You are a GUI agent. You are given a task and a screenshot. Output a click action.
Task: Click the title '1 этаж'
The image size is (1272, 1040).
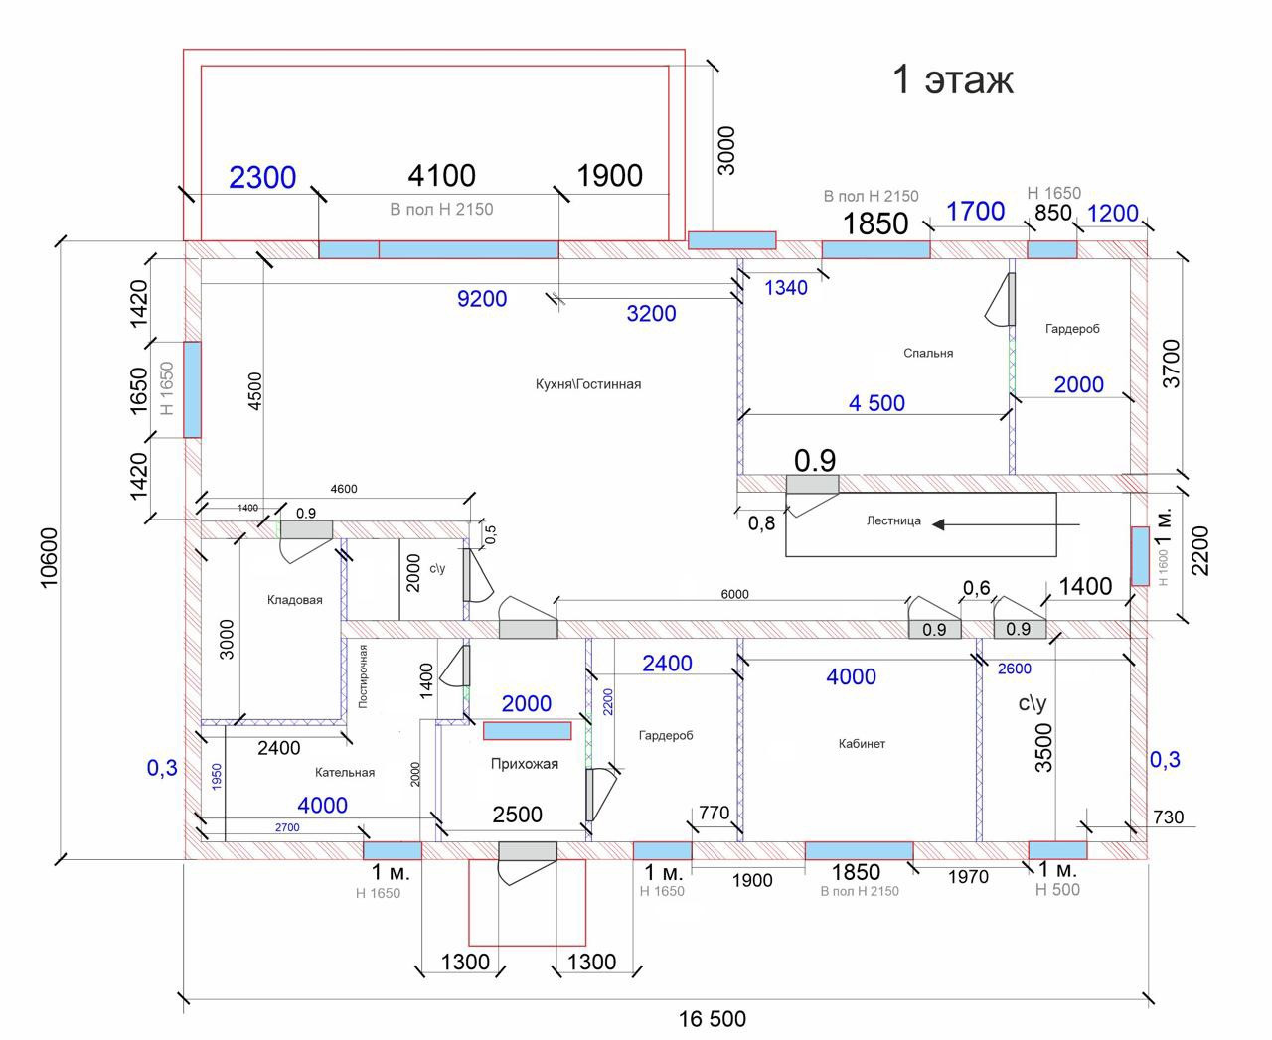coord(953,79)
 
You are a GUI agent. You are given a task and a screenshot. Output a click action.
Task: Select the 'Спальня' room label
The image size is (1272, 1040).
coord(928,353)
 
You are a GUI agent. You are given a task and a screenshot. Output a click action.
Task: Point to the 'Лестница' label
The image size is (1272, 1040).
coord(893,520)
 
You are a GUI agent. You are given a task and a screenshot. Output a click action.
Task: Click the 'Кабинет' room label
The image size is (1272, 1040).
coord(862,743)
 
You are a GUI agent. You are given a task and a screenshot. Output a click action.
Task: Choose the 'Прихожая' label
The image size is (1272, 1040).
coord(525,764)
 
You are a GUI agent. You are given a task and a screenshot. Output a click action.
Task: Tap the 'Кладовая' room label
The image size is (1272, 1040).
coord(295,600)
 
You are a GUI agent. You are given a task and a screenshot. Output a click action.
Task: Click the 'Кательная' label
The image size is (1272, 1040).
coord(345,772)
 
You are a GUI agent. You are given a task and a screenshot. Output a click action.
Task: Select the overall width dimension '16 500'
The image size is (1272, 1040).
coord(713,1019)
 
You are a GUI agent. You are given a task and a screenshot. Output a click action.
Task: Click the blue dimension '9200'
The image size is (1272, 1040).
coord(482,299)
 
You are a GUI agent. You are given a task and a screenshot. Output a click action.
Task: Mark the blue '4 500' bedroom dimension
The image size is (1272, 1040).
coord(876,403)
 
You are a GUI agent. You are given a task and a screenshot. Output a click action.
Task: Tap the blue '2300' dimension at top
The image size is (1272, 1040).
coord(262,178)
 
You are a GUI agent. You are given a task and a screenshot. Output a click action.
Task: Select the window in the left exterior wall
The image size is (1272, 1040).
coord(192,389)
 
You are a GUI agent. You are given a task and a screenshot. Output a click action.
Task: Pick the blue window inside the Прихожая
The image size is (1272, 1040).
coord(528,731)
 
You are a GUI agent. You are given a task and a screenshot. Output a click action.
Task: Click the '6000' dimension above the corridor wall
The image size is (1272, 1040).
coord(734,594)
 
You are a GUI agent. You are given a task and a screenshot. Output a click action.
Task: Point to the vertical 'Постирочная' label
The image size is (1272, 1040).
coord(364,675)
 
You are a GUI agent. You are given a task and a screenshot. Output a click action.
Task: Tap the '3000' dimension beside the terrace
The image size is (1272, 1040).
coord(726,150)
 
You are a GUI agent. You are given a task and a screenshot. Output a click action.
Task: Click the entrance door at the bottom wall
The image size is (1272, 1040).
coord(527,852)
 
